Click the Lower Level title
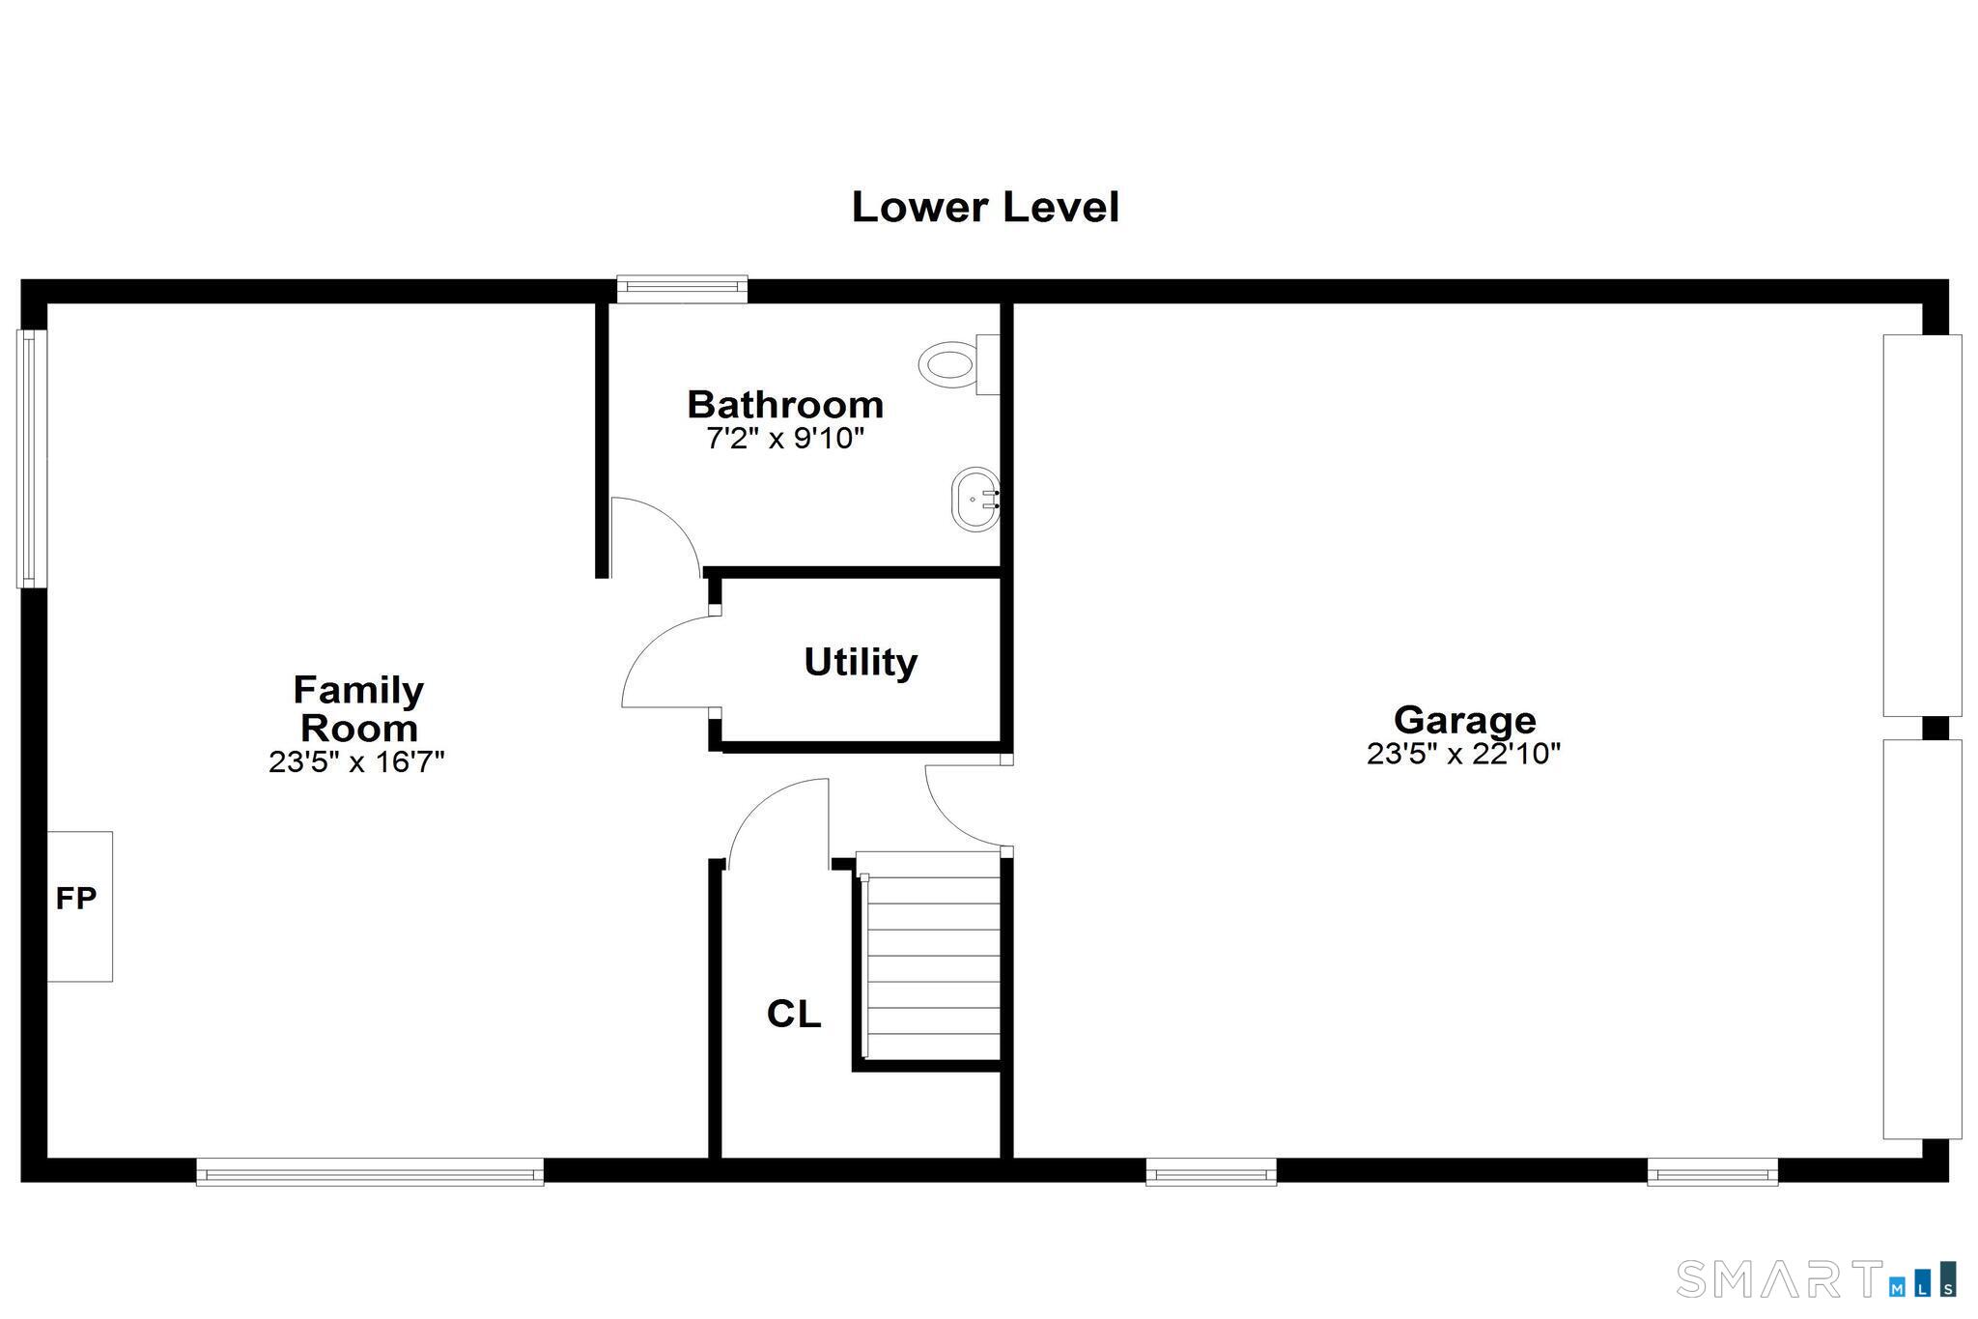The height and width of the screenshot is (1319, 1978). (985, 208)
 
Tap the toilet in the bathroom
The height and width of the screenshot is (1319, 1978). (959, 364)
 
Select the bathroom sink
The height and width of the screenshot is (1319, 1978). (975, 500)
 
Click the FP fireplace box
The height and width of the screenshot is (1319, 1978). (79, 906)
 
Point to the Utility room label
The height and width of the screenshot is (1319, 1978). (861, 662)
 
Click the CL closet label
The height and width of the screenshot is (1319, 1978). (794, 1014)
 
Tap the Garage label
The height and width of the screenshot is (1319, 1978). (1464, 720)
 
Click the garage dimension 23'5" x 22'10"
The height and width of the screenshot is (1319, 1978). (1463, 754)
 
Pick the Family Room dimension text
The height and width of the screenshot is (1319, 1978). (356, 762)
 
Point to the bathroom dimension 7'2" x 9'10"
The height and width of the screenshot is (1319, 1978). (785, 439)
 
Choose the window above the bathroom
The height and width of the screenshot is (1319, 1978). (682, 288)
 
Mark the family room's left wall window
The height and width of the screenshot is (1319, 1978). (32, 459)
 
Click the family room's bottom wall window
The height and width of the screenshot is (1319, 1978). (370, 1172)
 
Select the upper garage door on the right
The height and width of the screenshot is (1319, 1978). (1922, 525)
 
